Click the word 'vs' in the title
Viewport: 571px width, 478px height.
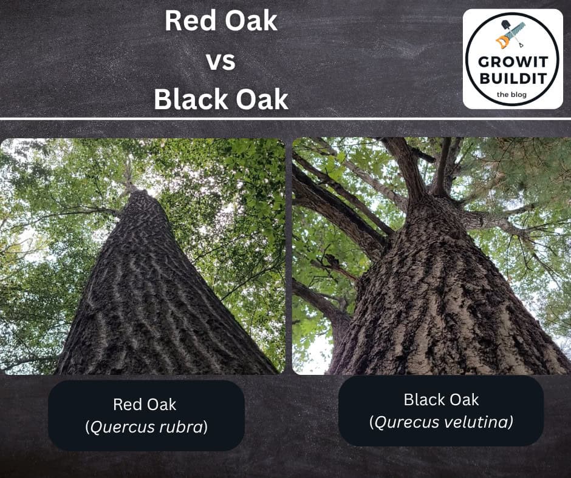221,61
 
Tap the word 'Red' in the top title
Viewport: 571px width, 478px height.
186,22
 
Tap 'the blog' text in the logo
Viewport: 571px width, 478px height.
511,94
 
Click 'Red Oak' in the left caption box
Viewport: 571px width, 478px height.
145,404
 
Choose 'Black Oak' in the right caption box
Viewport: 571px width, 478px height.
441,400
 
